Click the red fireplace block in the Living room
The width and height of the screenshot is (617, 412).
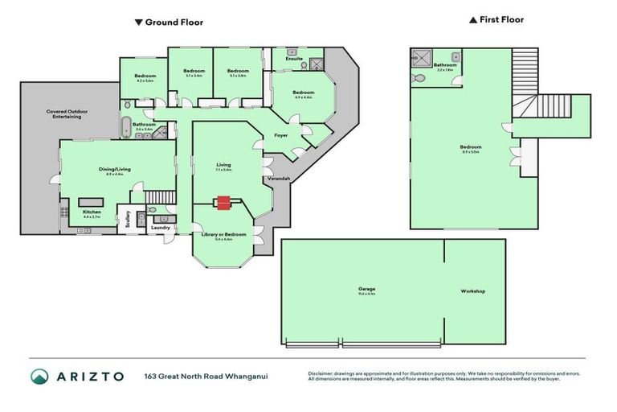point(223,204)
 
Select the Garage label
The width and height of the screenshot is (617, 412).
point(367,289)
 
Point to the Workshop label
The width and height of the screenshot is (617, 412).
point(472,290)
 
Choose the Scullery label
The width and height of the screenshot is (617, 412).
point(126,220)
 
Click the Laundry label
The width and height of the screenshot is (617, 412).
point(159,228)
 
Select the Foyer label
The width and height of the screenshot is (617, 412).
point(281,135)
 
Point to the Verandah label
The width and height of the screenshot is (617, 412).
point(278,179)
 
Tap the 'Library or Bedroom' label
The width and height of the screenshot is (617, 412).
point(218,235)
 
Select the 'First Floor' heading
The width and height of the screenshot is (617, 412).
point(497,20)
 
